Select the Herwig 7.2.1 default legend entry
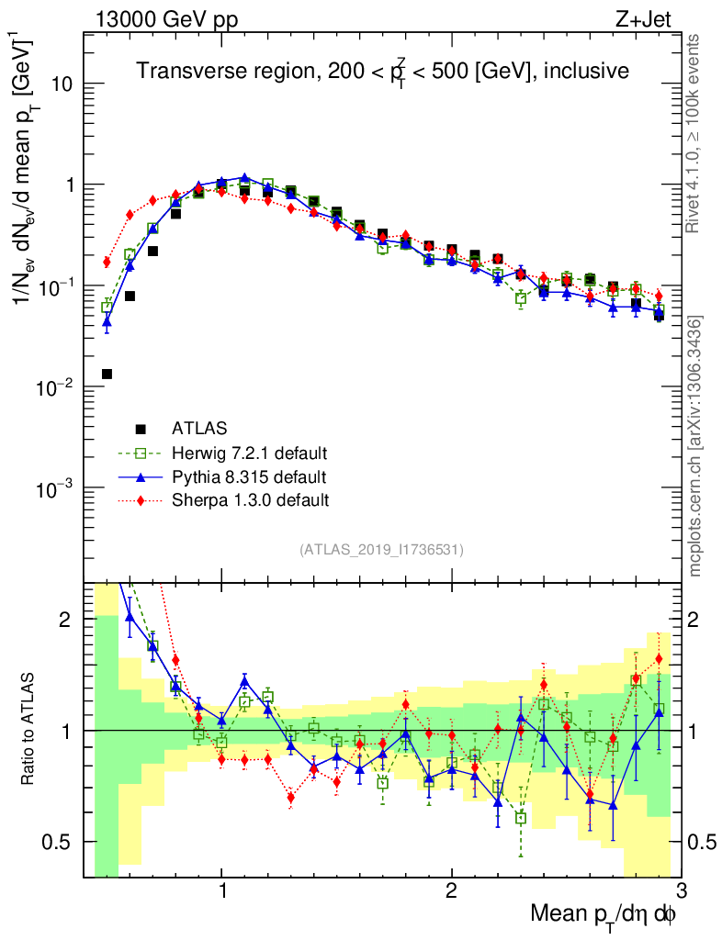pyautogui.click(x=250, y=453)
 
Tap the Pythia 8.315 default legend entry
pyautogui.click(x=249, y=476)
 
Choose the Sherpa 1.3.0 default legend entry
pyautogui.click(x=250, y=500)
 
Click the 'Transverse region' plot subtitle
pyautogui.click(x=382, y=72)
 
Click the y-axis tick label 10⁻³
pyautogui.click(x=56, y=488)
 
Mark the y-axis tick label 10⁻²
pyautogui.click(x=56, y=387)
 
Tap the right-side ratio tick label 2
pyautogui.click(x=700, y=620)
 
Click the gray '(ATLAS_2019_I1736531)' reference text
pyautogui.click(x=381, y=550)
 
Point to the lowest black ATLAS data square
pyautogui.click(x=107, y=374)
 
